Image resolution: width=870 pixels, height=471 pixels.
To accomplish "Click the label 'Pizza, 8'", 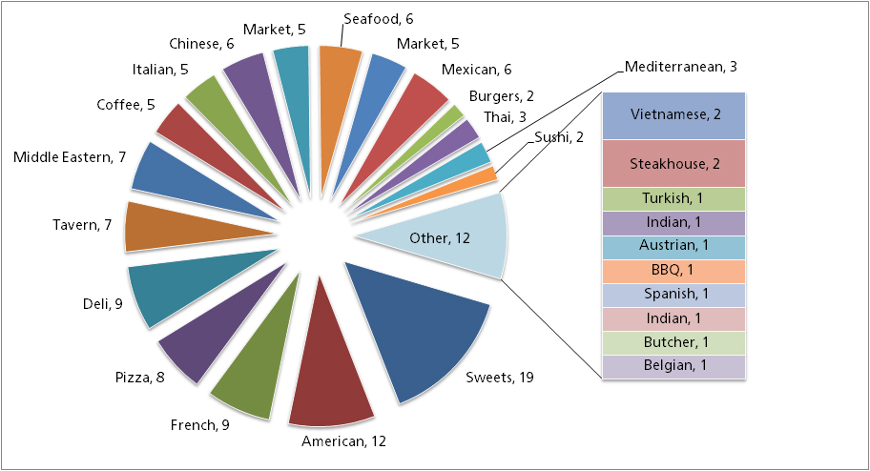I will pos(140,378).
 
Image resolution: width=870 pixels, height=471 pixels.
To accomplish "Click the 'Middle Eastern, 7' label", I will pos(70,156).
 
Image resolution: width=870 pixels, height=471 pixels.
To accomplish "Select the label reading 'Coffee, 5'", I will pos(125,105).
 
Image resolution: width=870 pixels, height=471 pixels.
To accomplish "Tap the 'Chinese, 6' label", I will pos(201,44).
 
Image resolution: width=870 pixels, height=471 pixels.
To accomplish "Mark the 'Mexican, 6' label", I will pos(477,70).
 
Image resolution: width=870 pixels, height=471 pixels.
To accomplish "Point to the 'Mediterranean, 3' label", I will pos(681,67).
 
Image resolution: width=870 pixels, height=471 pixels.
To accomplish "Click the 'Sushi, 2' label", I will pos(559,136).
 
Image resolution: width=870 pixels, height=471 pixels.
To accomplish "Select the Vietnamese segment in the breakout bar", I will pos(673,115).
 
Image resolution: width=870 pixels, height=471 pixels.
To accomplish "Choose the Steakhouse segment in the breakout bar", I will pos(673,163).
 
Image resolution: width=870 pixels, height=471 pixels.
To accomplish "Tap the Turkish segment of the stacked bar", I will pos(673,198).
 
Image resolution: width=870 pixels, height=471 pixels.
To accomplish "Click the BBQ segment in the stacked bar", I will pos(673,270).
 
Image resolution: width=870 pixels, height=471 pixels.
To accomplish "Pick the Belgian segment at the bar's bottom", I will pos(673,365).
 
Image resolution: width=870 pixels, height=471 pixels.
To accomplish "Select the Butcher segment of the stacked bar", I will pos(673,341).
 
